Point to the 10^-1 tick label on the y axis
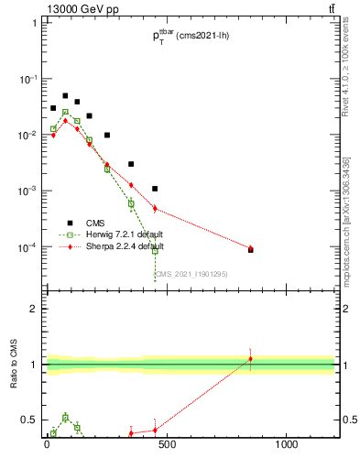[27, 79]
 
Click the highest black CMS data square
[65, 95]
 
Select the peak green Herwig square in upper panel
[65, 113]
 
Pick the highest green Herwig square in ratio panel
[65, 418]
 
